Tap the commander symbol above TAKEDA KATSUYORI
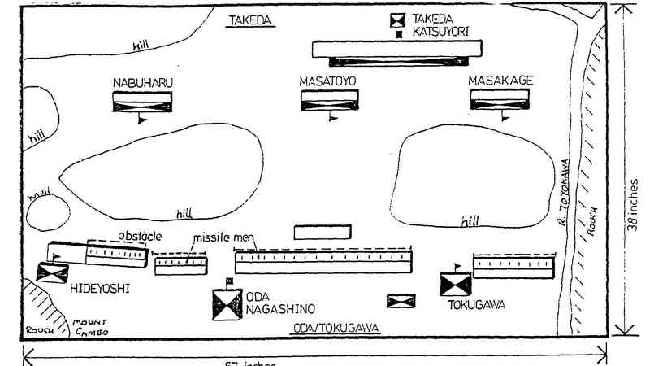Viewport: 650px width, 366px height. (397, 20)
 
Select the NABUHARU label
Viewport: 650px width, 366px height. (143, 82)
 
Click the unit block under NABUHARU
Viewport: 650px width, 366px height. (143, 101)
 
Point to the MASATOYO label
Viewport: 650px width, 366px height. (330, 82)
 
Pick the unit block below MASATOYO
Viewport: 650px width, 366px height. (331, 100)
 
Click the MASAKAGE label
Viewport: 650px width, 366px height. (499, 82)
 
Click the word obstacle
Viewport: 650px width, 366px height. (141, 236)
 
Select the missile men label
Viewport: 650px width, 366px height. (223, 238)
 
